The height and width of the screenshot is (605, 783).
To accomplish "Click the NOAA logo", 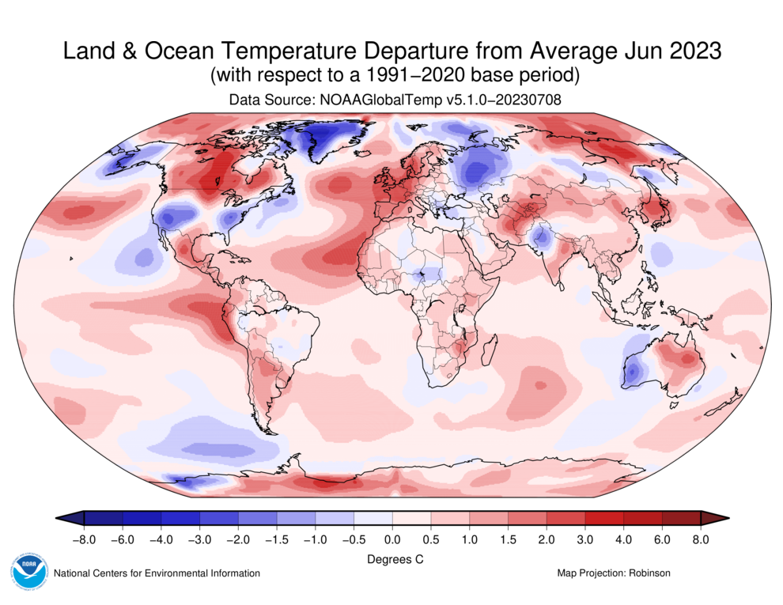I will pyautogui.click(x=29, y=571).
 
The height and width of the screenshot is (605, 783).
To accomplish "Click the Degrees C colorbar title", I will pyautogui.click(x=392, y=559).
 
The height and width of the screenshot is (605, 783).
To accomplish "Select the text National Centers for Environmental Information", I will pyautogui.click(x=156, y=573).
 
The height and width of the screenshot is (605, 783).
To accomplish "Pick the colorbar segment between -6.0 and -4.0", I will pyautogui.click(x=142, y=518).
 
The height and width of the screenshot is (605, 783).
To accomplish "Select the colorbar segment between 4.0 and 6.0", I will pyautogui.click(x=642, y=518).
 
